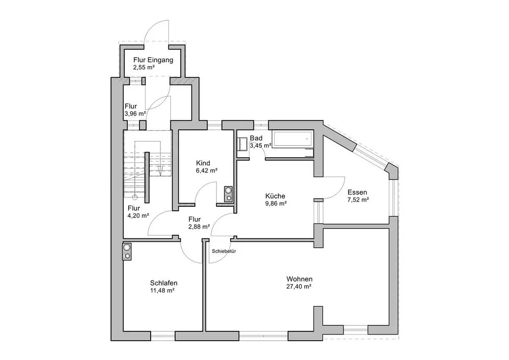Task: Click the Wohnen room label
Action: tap(299, 279)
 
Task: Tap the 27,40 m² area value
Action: tap(299, 287)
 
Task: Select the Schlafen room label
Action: tap(163, 283)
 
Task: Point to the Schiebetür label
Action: tap(223, 251)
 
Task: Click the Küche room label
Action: tap(275, 196)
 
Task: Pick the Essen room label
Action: tap(357, 192)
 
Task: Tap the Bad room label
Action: tap(256, 139)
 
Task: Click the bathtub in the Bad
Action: tap(293, 139)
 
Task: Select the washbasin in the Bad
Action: tap(242, 144)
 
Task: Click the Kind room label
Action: tap(203, 163)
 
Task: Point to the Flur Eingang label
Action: tap(153, 60)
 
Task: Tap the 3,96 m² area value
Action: tap(135, 114)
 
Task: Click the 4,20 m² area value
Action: tap(138, 215)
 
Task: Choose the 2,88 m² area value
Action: tap(199, 227)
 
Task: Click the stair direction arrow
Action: tap(161, 170)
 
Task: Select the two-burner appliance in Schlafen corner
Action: tap(127, 252)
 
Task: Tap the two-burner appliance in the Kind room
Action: tap(229, 194)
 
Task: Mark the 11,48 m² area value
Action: tap(162, 291)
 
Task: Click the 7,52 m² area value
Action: tap(358, 200)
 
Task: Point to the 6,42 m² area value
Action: tap(207, 171)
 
